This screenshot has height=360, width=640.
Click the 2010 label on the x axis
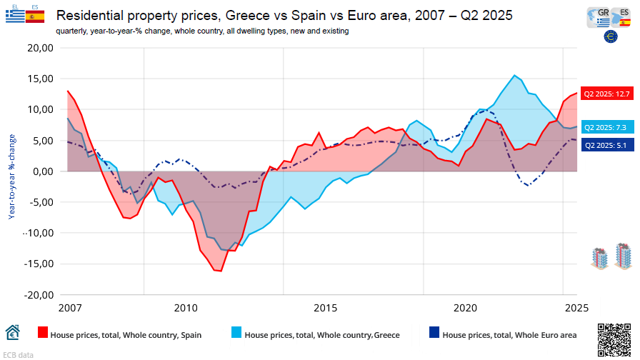click(x=186, y=308)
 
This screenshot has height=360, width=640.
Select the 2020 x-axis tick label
click(x=465, y=308)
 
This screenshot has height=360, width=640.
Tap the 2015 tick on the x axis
click(x=325, y=308)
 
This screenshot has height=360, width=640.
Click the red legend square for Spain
click(x=43, y=333)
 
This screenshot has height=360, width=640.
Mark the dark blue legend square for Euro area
click(x=434, y=333)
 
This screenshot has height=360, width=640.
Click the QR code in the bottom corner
click(x=614, y=339)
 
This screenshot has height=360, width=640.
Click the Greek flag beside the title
click(x=14, y=16)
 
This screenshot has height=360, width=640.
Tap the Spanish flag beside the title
click(x=35, y=16)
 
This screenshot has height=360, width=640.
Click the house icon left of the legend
click(x=13, y=333)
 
